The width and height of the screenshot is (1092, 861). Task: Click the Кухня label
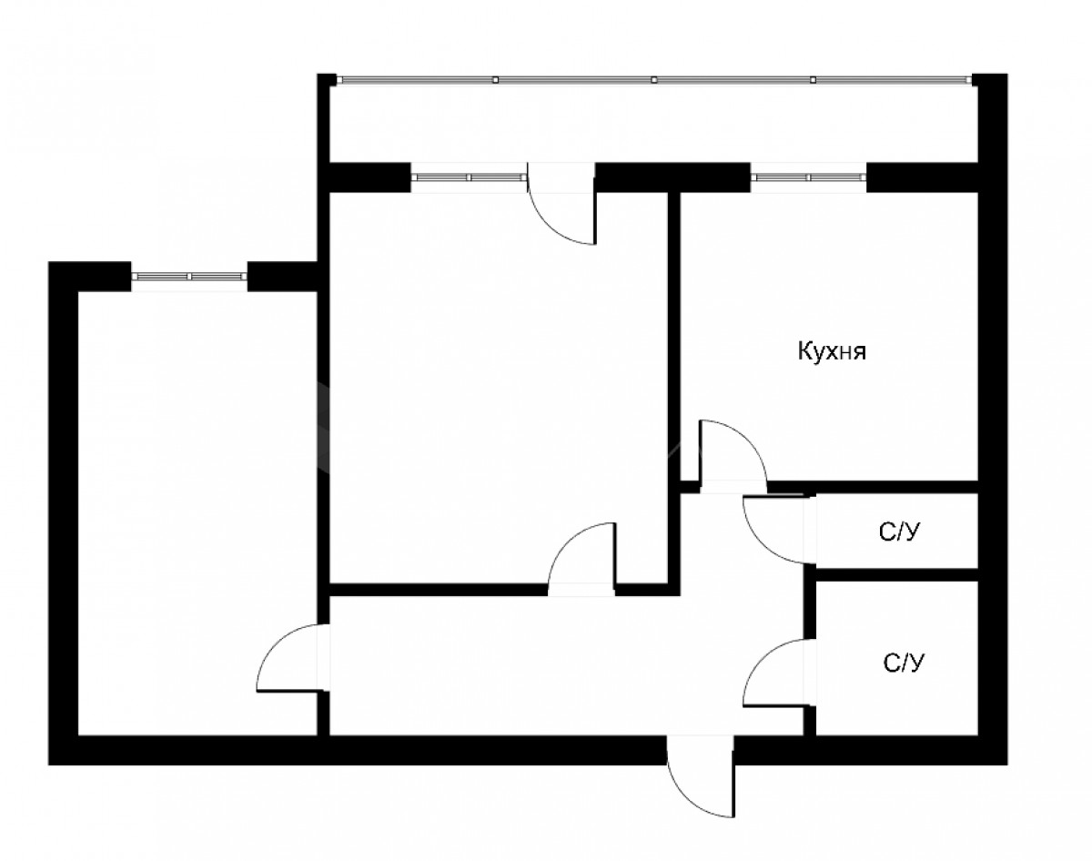pos(832,351)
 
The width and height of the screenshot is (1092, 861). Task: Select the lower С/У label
pos(904,663)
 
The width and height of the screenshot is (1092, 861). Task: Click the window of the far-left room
pos(190,277)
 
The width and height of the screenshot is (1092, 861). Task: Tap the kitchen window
pos(808,177)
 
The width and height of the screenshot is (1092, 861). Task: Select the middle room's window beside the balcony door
pos(469,177)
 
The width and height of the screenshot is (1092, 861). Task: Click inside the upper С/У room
pos(896,531)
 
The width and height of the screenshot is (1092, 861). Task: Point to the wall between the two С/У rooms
pos(896,575)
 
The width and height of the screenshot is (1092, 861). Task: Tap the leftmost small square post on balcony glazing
pos(495,80)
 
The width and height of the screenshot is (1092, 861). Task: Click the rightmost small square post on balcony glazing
pos(813,80)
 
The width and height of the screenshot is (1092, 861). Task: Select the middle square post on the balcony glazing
pos(654,80)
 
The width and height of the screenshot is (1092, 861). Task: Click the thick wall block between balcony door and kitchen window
pos(672,177)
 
